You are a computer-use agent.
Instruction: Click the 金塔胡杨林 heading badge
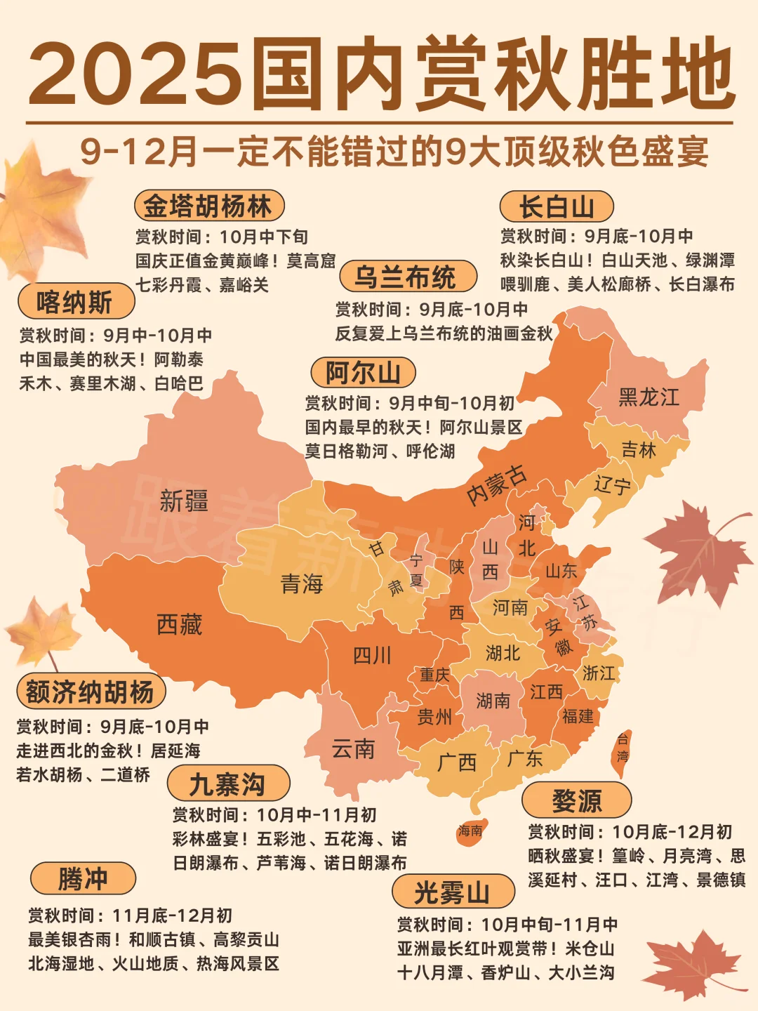point(209,206)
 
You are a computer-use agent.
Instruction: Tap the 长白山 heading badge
point(557,207)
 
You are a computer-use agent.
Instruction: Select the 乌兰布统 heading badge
point(408,277)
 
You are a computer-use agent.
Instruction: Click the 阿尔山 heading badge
point(363,372)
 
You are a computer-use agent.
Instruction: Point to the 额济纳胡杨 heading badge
point(91,692)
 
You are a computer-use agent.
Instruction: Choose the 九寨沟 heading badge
point(228,784)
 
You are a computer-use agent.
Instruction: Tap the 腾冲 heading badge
point(83,878)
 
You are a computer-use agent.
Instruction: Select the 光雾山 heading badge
point(453,892)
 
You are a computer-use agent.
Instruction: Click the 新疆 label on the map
point(184,501)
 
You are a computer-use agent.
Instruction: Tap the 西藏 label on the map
point(179,624)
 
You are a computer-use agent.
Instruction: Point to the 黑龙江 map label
point(649,397)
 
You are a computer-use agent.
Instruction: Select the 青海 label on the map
point(302,583)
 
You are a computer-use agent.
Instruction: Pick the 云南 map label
point(353,749)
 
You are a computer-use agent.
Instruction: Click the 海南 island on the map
point(470,831)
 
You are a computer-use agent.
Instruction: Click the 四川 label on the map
point(372,656)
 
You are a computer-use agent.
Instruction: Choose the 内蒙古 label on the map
point(497,484)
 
